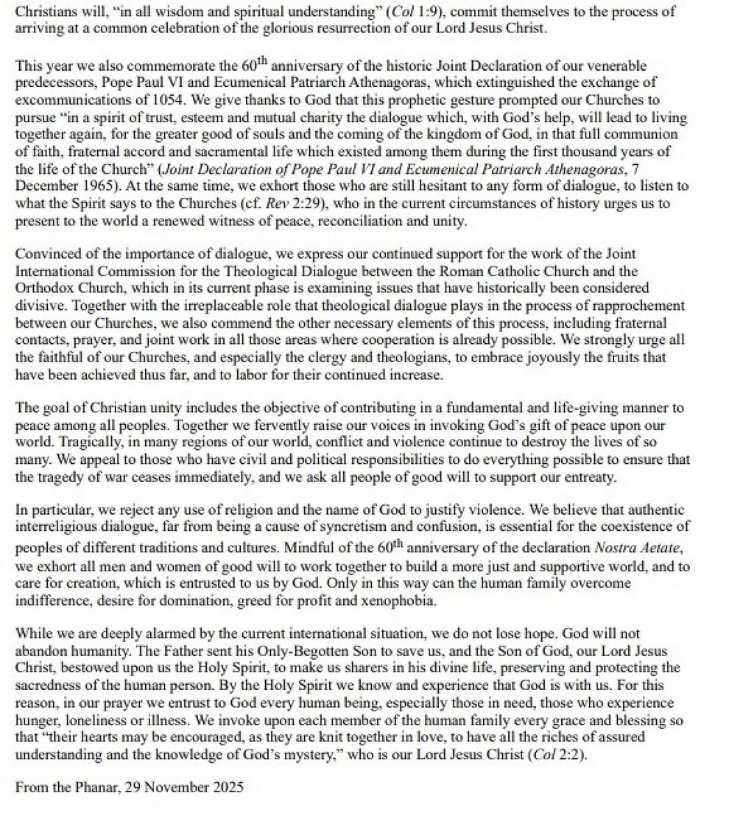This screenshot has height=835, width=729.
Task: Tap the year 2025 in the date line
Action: tap(225, 786)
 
